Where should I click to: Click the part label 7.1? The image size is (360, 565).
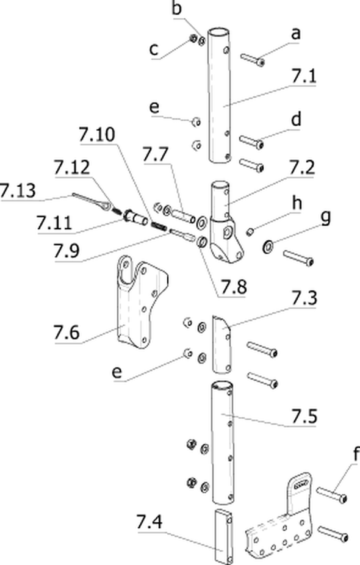pos(303,76)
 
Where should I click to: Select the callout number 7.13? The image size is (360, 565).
pos(18,191)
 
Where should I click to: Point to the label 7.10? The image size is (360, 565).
pos(97,135)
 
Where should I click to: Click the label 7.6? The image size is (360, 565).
pos(67,332)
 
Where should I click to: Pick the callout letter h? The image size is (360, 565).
pos(297,203)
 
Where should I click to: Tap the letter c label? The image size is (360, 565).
pos(154,49)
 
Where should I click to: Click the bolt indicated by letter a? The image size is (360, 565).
pos(253,59)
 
